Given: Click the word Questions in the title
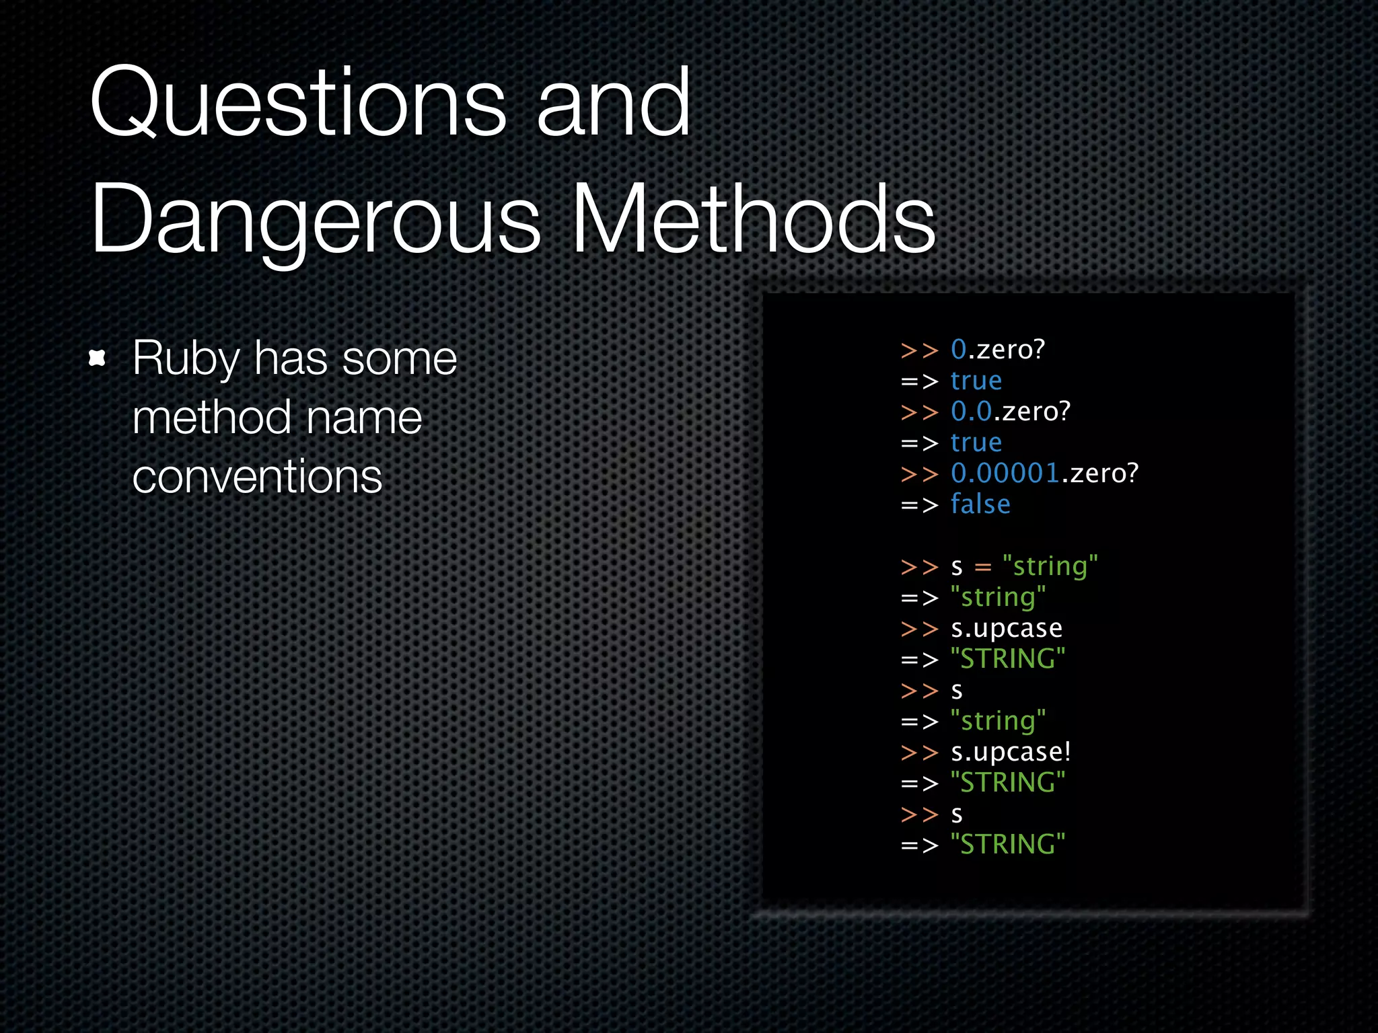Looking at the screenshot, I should pos(298,104).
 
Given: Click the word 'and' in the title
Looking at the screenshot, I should pos(613,104).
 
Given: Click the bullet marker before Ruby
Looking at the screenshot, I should pos(98,358).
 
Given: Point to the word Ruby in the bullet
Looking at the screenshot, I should pos(186,358).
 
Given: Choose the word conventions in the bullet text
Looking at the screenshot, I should pos(257,476).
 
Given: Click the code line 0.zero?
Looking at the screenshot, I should pos(998,349).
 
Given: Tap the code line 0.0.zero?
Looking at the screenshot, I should pos(1010,411).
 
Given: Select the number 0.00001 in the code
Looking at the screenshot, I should pos(1005,473).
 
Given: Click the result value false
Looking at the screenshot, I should pos(980,504).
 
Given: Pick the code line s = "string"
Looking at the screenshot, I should pos(1023,566).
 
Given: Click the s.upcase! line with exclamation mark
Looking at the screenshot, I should pos(1010,752).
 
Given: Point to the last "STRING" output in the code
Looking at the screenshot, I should pos(1008,845).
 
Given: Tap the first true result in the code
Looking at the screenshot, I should pos(976,381).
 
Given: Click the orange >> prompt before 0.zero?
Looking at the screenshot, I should pos(919,350).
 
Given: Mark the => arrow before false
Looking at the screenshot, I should pos(919,505).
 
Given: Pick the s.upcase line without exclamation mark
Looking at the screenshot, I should pos(1007,628).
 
